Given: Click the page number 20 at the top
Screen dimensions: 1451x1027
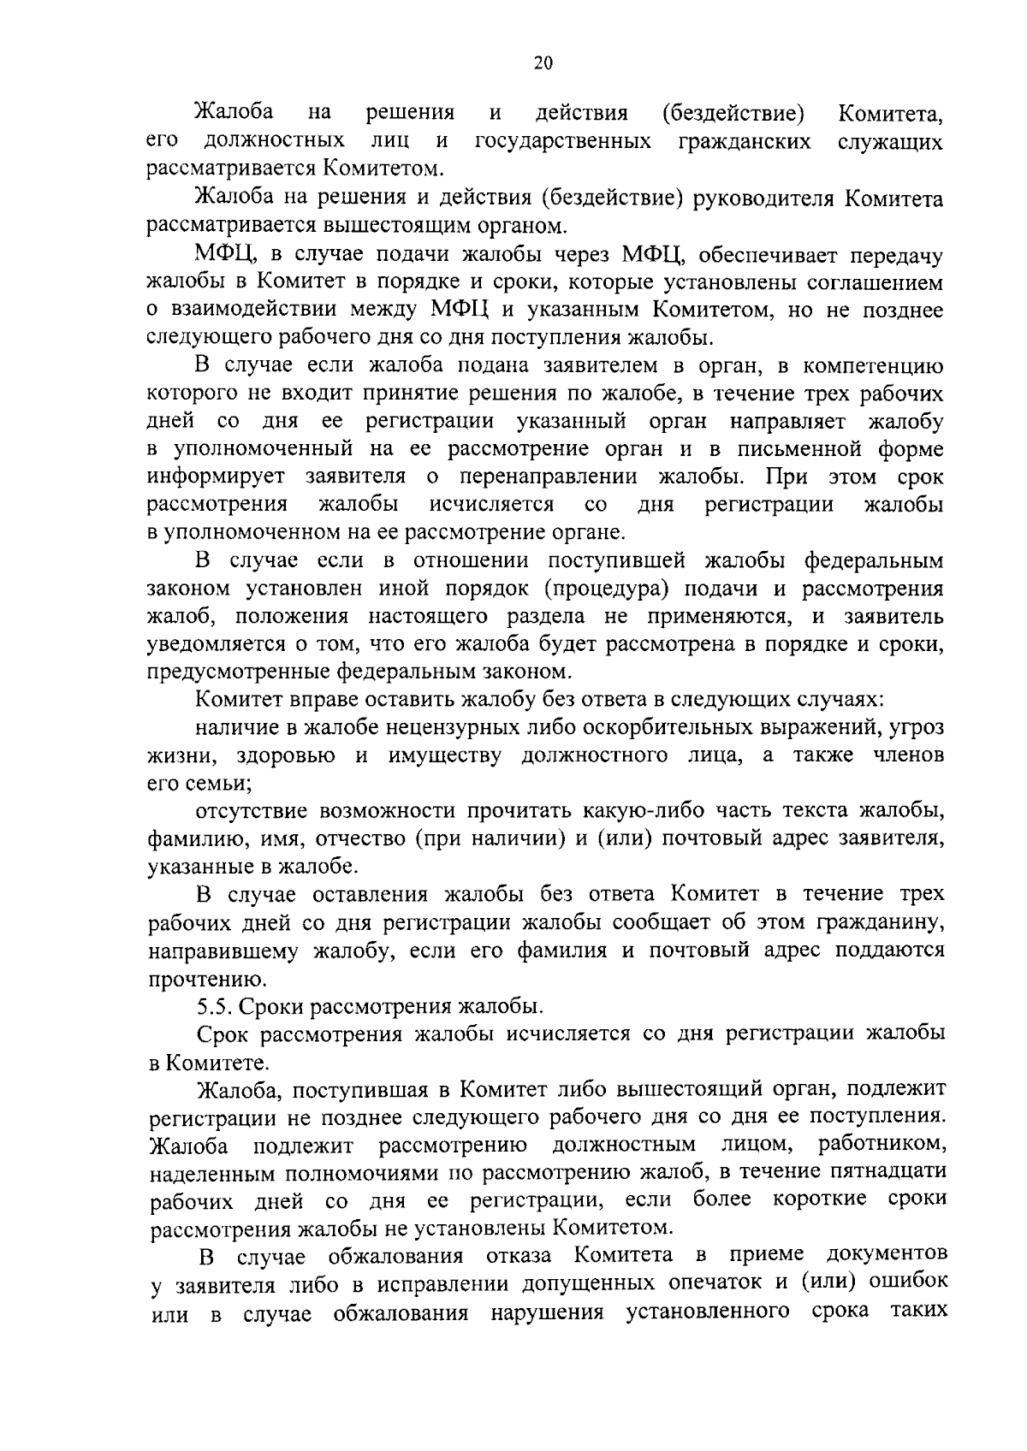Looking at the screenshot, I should (543, 62).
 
